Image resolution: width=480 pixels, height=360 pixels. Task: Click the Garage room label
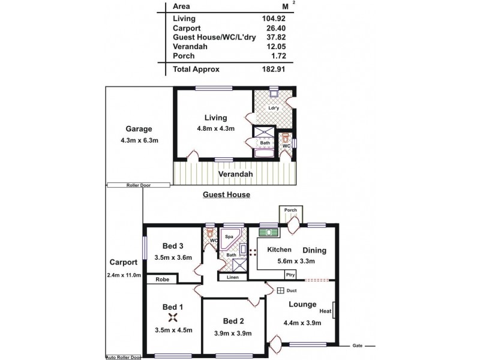point(139,129)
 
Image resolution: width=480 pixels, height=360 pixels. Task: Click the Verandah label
point(236,175)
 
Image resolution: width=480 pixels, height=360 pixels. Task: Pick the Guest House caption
point(226,195)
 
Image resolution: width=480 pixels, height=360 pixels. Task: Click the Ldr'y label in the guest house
point(275,108)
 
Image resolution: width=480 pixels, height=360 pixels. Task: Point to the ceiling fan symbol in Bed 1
point(172,319)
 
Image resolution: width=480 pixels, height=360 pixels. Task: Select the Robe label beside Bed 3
point(162,280)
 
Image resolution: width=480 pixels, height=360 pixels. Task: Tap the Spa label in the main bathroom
point(229,237)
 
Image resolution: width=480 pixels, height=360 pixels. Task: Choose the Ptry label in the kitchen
point(290,275)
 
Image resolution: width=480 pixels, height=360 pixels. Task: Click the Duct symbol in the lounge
point(280,292)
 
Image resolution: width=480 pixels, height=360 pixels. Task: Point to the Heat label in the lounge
point(325,311)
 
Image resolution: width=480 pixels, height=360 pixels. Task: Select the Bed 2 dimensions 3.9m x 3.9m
point(233,334)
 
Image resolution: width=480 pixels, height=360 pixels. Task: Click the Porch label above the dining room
point(291,210)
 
